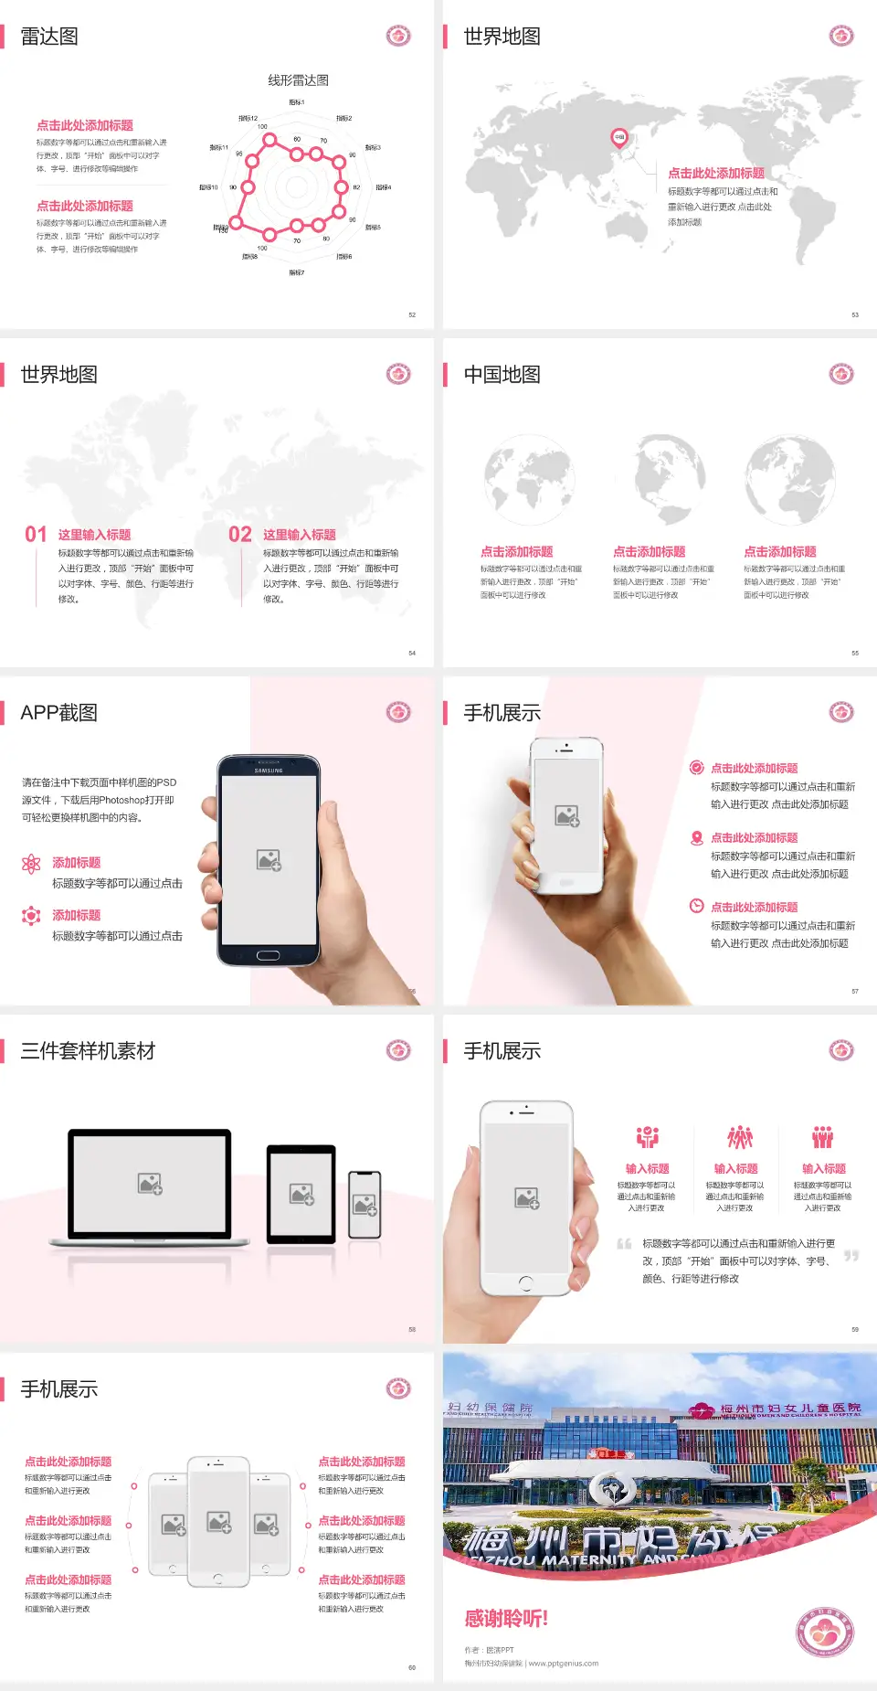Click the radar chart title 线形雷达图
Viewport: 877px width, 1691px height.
pos(298,80)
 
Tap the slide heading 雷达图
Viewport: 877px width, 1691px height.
pos(49,37)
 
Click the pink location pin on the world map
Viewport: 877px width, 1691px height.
pos(619,138)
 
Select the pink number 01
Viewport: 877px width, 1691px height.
pos(36,535)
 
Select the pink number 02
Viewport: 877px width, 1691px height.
pos(240,535)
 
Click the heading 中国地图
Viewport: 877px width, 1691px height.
pos(502,375)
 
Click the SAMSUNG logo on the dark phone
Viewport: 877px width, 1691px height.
pos(269,771)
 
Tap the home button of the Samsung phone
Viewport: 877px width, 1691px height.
pos(268,955)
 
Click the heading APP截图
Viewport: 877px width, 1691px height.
pos(58,713)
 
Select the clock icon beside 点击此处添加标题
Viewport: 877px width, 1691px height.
pos(696,906)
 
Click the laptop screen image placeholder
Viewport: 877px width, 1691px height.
pos(150,1184)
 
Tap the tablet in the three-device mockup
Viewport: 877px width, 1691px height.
pos(301,1193)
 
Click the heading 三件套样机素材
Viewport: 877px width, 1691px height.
pos(88,1051)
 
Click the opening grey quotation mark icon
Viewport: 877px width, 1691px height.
pos(624,1244)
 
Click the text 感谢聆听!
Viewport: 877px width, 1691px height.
pos(506,1619)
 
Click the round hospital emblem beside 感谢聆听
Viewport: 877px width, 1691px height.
pos(824,1632)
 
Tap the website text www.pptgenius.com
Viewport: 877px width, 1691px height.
pos(564,1664)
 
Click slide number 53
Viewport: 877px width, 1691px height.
pos(855,314)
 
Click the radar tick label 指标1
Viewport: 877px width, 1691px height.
pos(297,102)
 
